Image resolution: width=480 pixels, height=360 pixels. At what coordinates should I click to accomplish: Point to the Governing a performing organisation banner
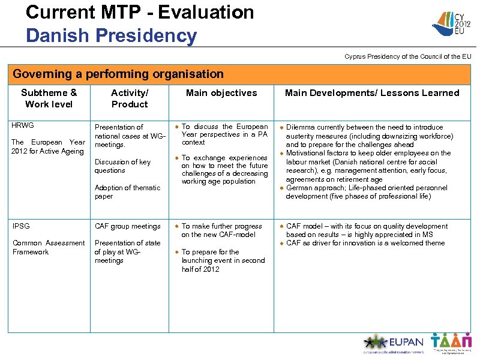point(118,74)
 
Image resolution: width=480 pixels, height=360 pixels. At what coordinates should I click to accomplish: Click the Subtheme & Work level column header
point(49,98)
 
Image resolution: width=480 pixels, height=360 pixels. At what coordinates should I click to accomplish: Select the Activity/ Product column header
point(129,98)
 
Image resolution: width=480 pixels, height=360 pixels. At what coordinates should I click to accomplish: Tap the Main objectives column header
point(221,93)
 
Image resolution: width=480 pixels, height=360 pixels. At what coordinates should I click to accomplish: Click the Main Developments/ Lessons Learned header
point(371,93)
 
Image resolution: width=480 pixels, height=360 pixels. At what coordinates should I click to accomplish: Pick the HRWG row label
point(23,125)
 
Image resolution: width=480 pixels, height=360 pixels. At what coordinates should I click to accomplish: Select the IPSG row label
point(21,226)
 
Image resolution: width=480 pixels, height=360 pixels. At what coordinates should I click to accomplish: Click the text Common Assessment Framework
point(49,247)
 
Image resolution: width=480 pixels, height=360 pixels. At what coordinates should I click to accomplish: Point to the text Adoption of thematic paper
point(127,192)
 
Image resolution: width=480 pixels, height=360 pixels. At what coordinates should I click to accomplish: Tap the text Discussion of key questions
point(122,166)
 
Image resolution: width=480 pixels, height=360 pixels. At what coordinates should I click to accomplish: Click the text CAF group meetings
point(127,226)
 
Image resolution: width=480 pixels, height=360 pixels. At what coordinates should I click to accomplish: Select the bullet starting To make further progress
point(221,230)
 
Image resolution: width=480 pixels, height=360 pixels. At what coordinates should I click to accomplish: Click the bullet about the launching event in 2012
point(223,260)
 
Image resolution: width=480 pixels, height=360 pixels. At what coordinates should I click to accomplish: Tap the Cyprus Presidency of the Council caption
point(407,56)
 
